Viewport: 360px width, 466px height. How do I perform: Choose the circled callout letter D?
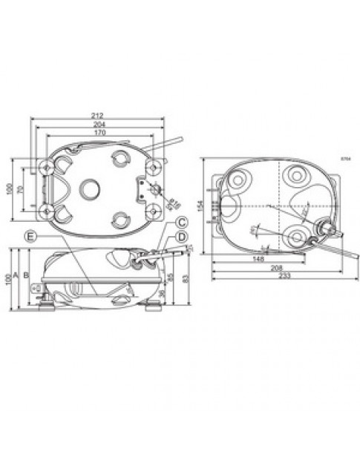point(181,237)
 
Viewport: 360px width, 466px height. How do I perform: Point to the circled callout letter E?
point(30,237)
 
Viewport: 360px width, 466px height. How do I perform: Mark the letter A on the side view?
point(16,275)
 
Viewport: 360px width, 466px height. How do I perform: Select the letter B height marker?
point(27,275)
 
